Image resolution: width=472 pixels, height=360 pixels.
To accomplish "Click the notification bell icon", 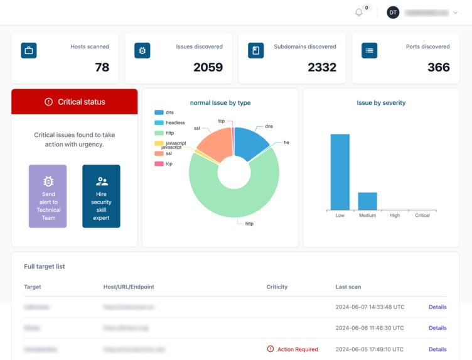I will click(x=359, y=13).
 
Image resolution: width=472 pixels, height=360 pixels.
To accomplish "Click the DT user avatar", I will click(x=393, y=13).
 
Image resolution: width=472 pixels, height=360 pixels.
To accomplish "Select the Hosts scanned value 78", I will click(x=102, y=67).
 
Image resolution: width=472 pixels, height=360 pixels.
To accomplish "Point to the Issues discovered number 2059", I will click(x=208, y=67).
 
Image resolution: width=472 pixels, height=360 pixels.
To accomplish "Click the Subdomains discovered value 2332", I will click(x=321, y=67).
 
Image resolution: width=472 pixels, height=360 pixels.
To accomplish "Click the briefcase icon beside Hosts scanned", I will click(x=29, y=50).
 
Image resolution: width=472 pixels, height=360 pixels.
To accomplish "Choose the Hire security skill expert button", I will click(x=101, y=196).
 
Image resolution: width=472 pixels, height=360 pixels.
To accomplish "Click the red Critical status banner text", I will click(x=81, y=102).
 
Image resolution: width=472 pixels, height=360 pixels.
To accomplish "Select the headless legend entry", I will click(x=174, y=123).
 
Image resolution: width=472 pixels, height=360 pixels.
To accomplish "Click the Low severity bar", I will click(x=340, y=172).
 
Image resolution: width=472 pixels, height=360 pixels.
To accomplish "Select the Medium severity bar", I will click(x=367, y=201).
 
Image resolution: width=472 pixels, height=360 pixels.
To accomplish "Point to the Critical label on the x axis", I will click(x=422, y=215).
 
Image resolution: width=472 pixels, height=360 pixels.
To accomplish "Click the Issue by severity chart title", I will click(x=381, y=103).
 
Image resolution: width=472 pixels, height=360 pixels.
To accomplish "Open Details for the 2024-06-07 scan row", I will click(x=437, y=307).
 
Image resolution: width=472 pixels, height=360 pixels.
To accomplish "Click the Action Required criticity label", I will click(x=298, y=349).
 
